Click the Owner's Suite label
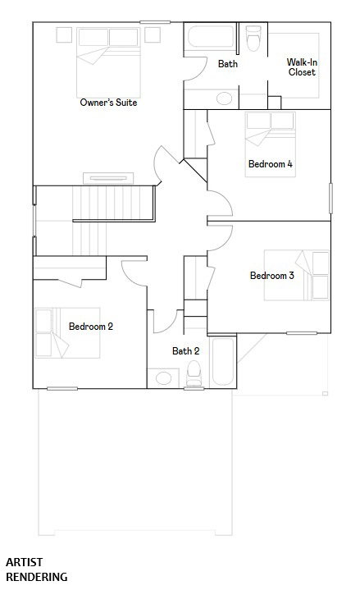coord(108,103)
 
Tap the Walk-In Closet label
coord(302,67)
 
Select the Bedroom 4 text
coord(270,163)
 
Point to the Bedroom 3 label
coord(272,276)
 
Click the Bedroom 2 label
coord(91,327)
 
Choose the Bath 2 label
coord(186,351)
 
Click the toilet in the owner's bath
coord(253,38)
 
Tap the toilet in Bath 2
coord(194,373)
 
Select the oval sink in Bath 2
coord(163,378)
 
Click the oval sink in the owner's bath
coord(224,98)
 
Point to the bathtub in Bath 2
coord(223,362)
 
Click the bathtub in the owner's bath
coord(211,37)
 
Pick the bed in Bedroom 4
coord(270,144)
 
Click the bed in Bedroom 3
coord(296,276)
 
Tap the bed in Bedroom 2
coord(67,333)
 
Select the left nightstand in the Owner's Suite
coord(64,34)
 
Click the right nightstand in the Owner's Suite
coord(153,34)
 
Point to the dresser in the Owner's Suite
coord(108,178)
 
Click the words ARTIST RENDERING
coord(36,569)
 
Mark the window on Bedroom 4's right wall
coord(331,199)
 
